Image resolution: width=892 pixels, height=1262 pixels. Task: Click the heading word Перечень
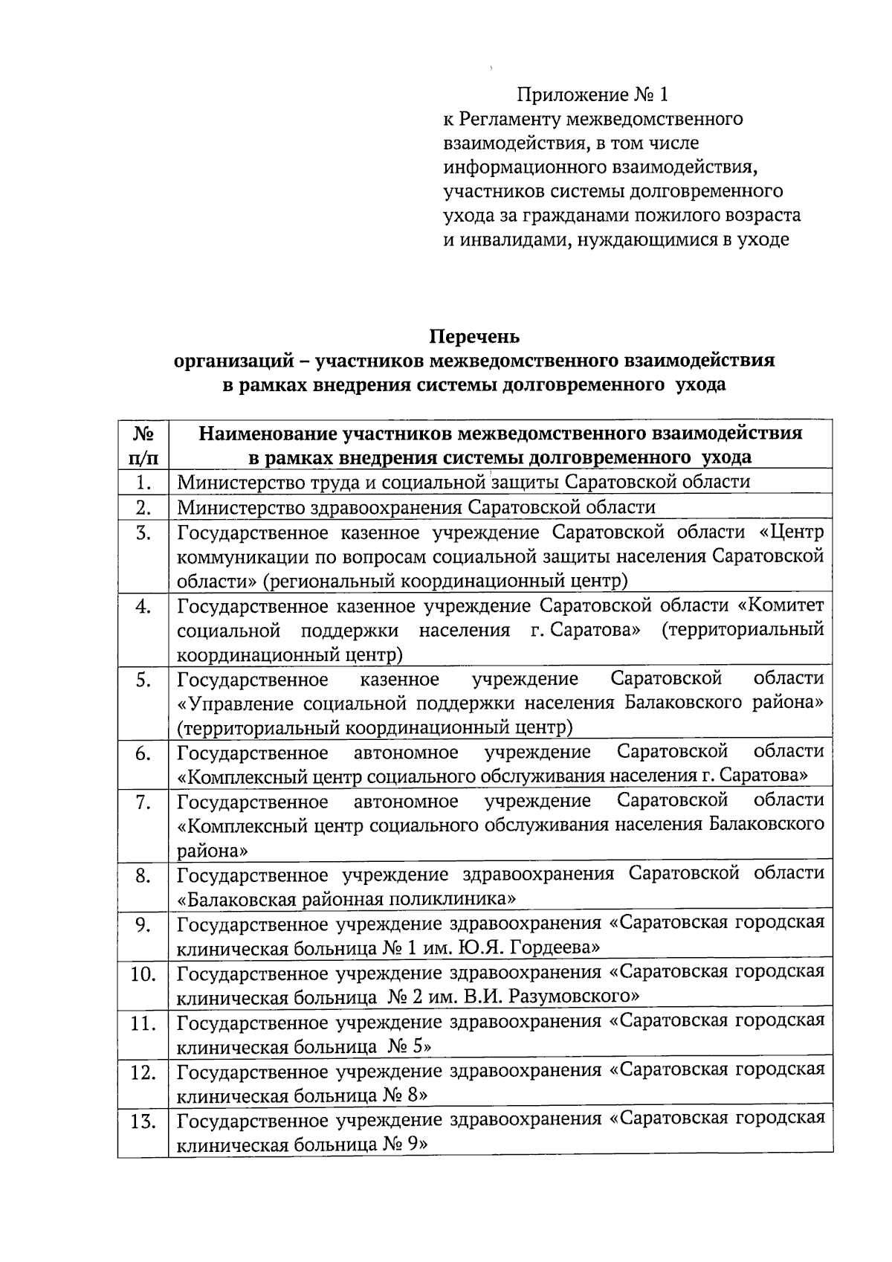(474, 336)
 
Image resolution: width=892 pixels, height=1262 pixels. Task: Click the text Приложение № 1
(592, 94)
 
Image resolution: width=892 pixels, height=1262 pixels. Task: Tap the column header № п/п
(143, 444)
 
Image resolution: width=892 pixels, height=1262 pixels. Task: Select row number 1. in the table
(143, 483)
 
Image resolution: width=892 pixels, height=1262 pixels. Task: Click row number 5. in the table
(143, 680)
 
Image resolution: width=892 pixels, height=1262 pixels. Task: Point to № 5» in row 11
(410, 1046)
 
